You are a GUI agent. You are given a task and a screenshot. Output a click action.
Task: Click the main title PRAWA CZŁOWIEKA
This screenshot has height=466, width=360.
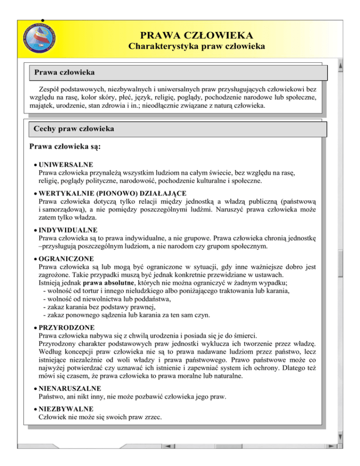[x=197, y=35]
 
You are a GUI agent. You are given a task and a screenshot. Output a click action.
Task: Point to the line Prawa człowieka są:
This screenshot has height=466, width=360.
[x=65, y=146]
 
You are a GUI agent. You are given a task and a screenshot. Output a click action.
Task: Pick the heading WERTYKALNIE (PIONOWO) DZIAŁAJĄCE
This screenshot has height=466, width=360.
[x=112, y=193]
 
